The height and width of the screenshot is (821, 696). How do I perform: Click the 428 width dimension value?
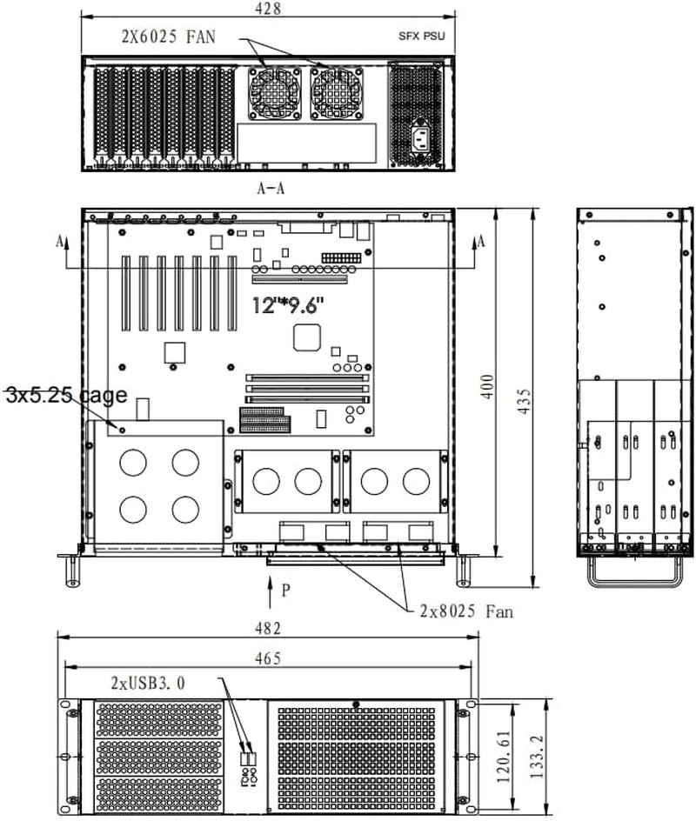266,9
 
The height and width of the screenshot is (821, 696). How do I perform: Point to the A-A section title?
270,189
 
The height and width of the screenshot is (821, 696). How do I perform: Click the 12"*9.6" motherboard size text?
288,305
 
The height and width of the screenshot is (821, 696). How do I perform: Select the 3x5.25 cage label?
66,395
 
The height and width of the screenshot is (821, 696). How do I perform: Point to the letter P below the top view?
285,591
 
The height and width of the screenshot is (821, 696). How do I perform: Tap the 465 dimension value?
269,658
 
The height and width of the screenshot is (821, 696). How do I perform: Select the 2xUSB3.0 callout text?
147,683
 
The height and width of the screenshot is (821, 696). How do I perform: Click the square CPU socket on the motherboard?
309,337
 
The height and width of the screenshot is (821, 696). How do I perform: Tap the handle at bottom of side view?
633,575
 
